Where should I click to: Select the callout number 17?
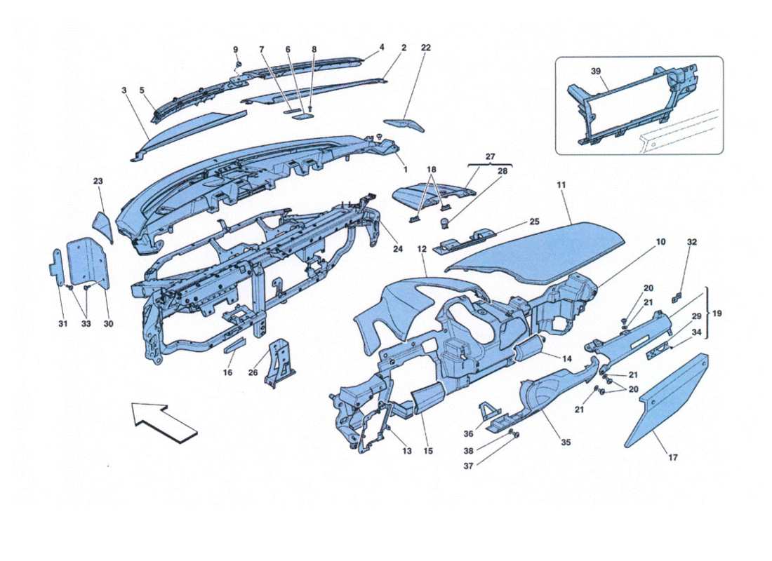(672, 458)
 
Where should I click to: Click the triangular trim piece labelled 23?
(102, 226)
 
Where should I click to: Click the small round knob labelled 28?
(444, 223)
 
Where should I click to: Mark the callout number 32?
(692, 242)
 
